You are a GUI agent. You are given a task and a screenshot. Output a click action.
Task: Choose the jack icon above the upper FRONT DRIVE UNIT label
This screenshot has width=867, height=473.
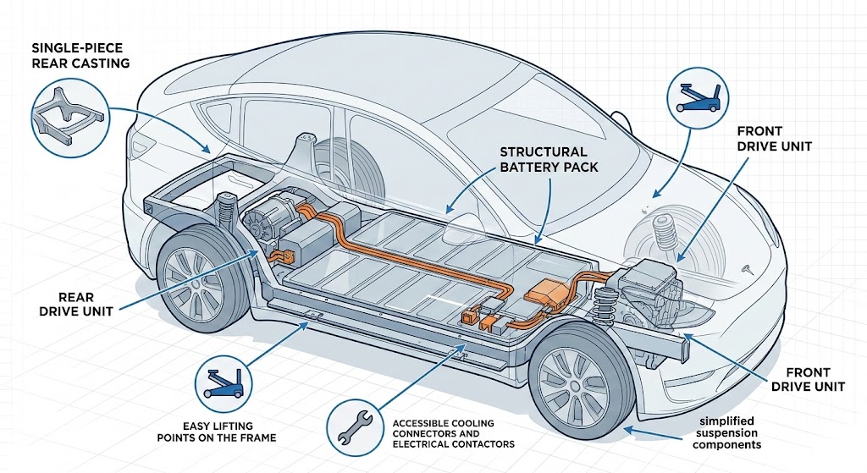coord(699,94)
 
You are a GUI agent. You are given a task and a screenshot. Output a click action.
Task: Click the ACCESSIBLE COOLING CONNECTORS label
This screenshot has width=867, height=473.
coord(455,432)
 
